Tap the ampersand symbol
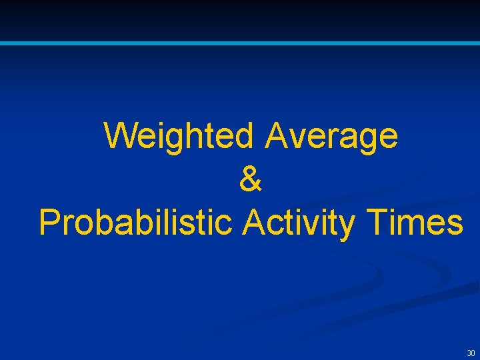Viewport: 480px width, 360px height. (x=250, y=180)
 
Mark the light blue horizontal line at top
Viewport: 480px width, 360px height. (x=240, y=43)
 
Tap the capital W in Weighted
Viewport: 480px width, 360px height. (x=121, y=136)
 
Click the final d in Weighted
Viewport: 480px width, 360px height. (x=243, y=136)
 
